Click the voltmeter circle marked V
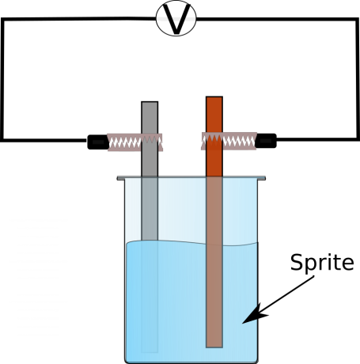176,18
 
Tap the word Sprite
322,262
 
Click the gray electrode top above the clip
150,117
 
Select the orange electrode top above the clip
214,115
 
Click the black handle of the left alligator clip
97,142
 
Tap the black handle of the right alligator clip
266,141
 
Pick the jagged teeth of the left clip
135,142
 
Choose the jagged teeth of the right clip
229,141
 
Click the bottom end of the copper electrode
214,347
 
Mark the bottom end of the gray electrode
150,351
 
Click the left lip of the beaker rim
120,178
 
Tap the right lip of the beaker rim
262,178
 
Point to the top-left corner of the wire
2,20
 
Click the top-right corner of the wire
357,20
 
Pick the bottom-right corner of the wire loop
358,138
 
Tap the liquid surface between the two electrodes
182,242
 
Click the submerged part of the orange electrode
214,295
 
